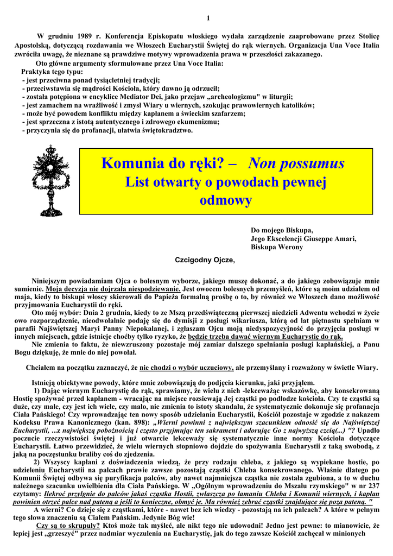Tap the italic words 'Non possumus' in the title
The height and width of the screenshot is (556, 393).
[x=296, y=163]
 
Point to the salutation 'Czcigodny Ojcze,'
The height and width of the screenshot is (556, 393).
[x=205, y=260]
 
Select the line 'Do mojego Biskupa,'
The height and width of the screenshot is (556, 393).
[x=282, y=230]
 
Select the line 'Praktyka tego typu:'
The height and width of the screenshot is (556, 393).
[x=52, y=71]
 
